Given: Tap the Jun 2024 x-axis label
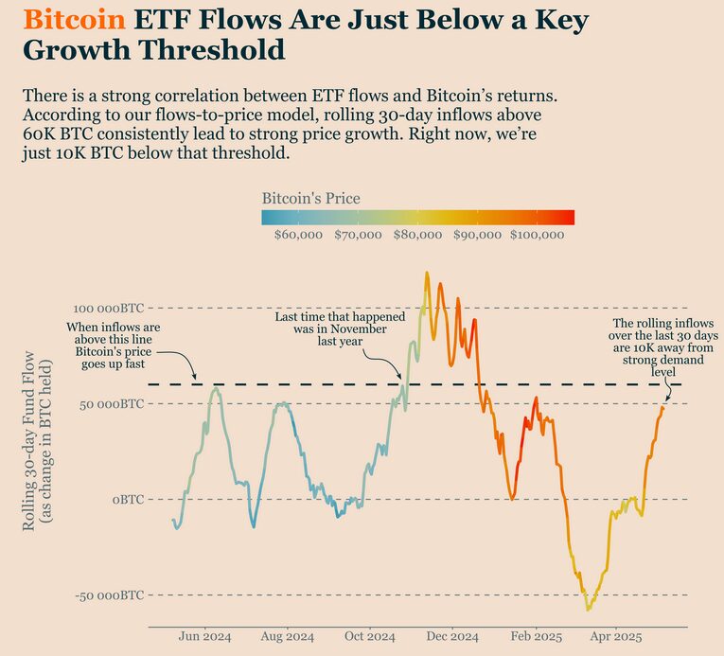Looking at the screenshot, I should click(x=204, y=637).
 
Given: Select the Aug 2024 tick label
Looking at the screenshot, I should click(x=287, y=637).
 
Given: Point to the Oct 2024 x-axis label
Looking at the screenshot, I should click(x=368, y=637).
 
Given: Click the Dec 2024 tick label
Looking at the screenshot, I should click(x=452, y=637).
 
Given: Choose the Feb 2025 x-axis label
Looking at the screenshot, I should click(x=535, y=637).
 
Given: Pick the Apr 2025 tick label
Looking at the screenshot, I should click(x=615, y=637).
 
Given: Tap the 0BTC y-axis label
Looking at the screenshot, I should click(x=128, y=499).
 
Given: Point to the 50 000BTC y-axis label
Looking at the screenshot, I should click(x=110, y=404).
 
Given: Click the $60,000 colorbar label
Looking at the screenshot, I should click(x=297, y=235).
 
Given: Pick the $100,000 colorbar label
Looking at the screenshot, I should click(x=537, y=235).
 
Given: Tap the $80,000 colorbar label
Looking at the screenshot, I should click(x=418, y=235).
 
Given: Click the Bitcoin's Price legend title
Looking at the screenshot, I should click(x=310, y=199).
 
